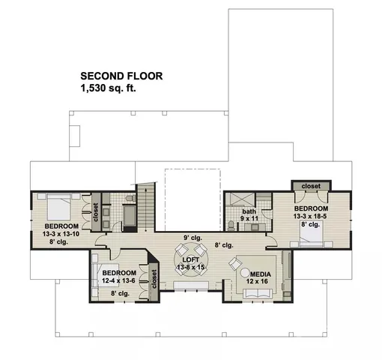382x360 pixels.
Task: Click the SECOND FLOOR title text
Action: pyautogui.click(x=121, y=76)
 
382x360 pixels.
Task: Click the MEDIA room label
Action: pyautogui.click(x=261, y=274)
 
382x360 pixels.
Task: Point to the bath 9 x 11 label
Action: pyautogui.click(x=249, y=217)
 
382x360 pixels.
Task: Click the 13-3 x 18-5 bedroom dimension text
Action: pyautogui.click(x=310, y=215)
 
